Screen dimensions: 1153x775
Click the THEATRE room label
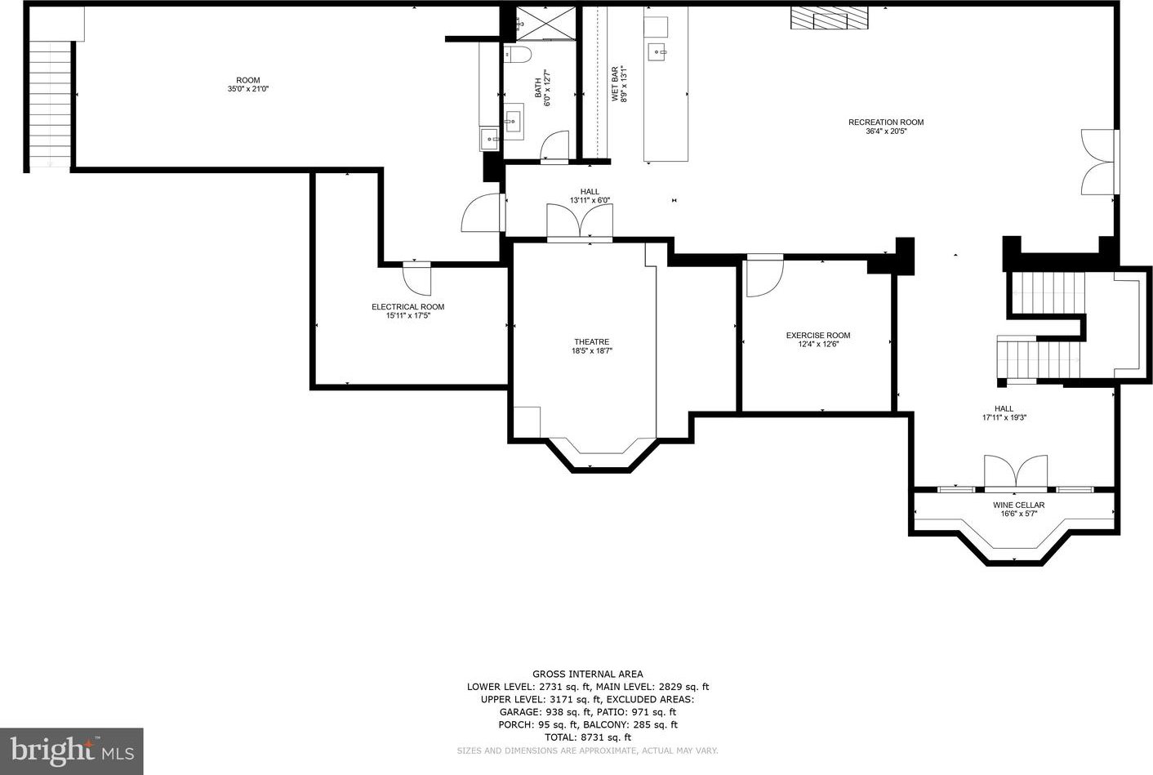(591, 342)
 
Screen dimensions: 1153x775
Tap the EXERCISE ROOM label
(818, 335)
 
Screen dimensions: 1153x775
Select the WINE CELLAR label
(1018, 506)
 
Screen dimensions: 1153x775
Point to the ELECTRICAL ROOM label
(407, 307)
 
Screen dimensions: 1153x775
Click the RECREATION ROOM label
(886, 122)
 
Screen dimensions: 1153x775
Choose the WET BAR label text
(615, 83)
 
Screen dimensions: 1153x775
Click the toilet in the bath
(517, 54)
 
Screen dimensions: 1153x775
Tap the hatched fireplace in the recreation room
(830, 18)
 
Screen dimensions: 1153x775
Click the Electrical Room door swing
(417, 278)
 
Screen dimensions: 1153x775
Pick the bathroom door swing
(554, 145)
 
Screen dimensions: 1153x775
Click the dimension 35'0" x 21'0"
(248, 89)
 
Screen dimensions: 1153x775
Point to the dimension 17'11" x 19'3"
(1004, 417)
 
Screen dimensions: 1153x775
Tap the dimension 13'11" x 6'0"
(590, 200)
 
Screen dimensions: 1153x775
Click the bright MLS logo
(72, 751)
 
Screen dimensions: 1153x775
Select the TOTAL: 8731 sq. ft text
(588, 737)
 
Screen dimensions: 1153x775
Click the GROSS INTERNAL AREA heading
(587, 674)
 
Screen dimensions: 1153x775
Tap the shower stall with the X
(545, 23)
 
